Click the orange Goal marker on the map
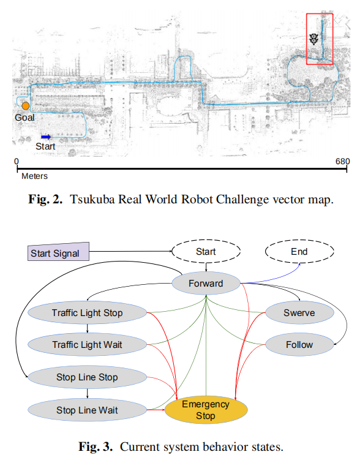(26, 106)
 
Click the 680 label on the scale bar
(342, 162)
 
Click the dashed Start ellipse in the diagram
(206, 252)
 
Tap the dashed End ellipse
(299, 252)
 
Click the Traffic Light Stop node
(87, 313)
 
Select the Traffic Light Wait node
(87, 345)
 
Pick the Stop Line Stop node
(87, 377)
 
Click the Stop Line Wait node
(87, 410)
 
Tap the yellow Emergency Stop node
(206, 410)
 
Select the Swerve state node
(299, 313)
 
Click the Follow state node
(299, 345)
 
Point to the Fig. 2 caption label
(46, 200)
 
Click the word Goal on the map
(25, 118)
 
